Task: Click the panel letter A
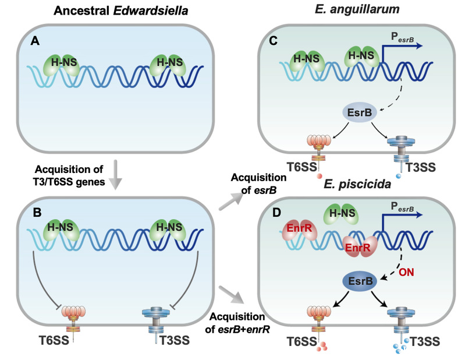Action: (x=35, y=41)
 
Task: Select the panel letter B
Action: (x=37, y=213)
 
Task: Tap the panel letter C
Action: (x=273, y=41)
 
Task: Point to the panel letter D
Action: (x=276, y=213)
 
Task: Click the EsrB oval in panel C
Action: (x=360, y=113)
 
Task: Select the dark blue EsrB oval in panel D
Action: (x=360, y=281)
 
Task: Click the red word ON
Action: (x=406, y=272)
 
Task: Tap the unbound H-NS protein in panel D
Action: (x=343, y=213)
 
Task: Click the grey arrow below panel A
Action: (x=116, y=175)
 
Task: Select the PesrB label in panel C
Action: (x=402, y=37)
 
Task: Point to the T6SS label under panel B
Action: (x=54, y=340)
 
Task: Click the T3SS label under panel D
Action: (x=425, y=341)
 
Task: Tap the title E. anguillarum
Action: (x=357, y=9)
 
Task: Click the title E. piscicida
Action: (x=357, y=184)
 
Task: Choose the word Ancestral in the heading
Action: (x=81, y=10)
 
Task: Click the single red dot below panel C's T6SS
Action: (x=319, y=176)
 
